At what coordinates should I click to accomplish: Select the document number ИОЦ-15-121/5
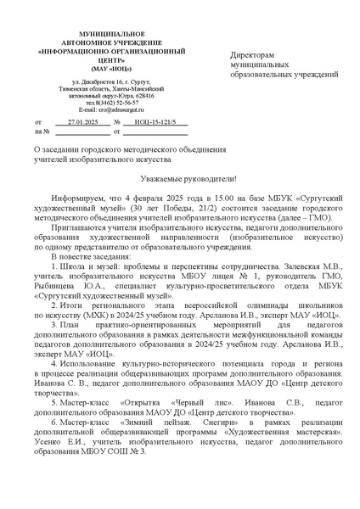pyautogui.click(x=154, y=123)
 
